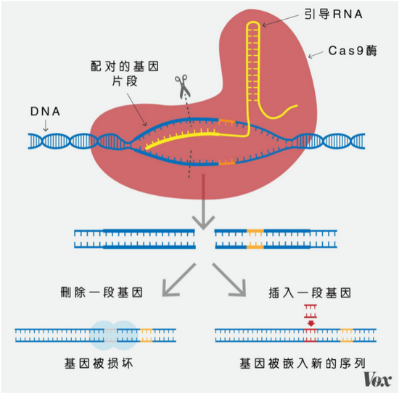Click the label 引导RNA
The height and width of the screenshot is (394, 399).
coord(334,14)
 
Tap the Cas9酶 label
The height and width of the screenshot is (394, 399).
coord(353,50)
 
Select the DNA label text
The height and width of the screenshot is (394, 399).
coord(45,112)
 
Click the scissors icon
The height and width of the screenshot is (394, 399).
coord(182,86)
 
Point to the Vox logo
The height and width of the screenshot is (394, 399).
coord(377,379)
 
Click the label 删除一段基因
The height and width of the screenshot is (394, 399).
coord(102,292)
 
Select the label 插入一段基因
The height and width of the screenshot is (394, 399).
coord(310,292)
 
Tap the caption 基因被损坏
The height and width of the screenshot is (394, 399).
coord(99,364)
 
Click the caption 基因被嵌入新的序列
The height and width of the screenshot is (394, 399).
coord(303,364)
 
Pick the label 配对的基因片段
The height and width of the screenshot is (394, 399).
coord(125,74)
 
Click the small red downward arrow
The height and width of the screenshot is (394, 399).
coord(311,324)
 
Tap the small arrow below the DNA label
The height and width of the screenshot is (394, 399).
coord(46,126)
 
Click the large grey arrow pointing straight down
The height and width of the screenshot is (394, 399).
coord(203,202)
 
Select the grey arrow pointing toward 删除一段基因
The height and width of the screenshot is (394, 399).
coord(179,280)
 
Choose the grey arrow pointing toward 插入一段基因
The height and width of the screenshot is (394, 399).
coord(229,280)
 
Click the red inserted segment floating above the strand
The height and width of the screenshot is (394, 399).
coord(310,311)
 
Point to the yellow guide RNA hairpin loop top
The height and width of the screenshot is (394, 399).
coord(253,23)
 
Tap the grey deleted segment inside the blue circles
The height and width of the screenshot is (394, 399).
coord(110,335)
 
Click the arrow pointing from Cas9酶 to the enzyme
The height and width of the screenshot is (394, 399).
coord(316,54)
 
